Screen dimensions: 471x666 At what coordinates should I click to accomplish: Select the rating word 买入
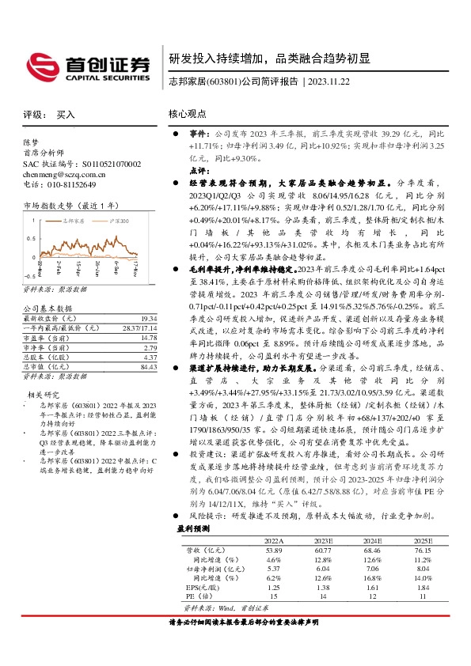click(x=66, y=115)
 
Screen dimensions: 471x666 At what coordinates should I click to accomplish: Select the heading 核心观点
click(x=188, y=115)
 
